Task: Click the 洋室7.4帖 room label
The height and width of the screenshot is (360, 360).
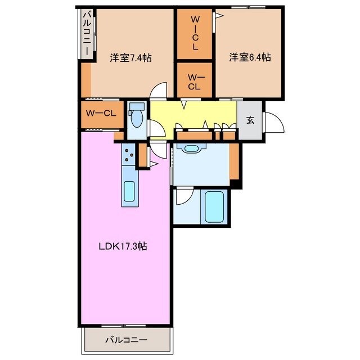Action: (x=130, y=57)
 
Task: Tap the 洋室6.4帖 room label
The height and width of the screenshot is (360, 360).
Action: (x=250, y=57)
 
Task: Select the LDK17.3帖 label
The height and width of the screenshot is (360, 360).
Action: (x=123, y=246)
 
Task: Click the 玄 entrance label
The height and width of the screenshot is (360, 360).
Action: (x=250, y=120)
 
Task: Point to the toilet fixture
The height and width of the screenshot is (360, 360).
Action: (x=137, y=115)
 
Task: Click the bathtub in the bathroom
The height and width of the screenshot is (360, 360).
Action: (x=214, y=207)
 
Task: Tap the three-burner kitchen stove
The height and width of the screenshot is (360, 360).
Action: (x=129, y=155)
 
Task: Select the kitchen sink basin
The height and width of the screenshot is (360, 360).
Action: (x=129, y=191)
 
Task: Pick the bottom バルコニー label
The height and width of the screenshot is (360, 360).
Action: (x=127, y=340)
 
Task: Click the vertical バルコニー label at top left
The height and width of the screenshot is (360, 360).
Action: (x=87, y=34)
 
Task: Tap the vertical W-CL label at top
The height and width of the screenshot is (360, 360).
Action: (x=195, y=34)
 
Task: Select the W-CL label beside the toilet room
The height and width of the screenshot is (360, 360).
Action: (x=101, y=113)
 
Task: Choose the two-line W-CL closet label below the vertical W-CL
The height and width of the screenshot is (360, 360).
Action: (x=195, y=82)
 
